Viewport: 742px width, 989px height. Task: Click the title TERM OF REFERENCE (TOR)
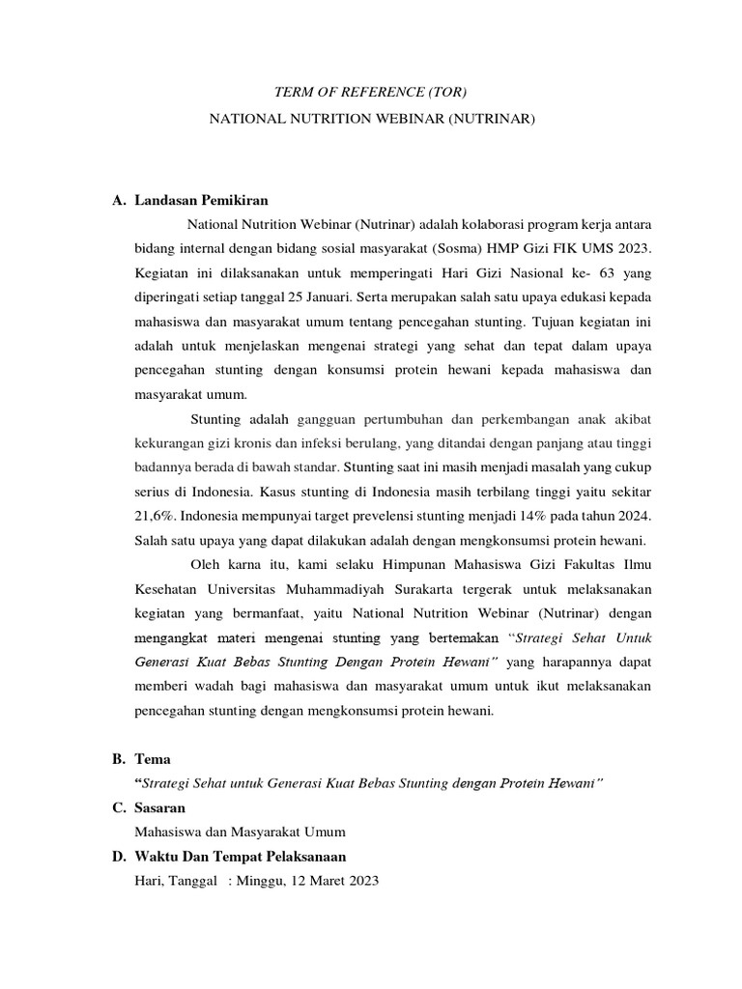[371, 94]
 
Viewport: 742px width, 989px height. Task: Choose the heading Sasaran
[163, 807]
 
